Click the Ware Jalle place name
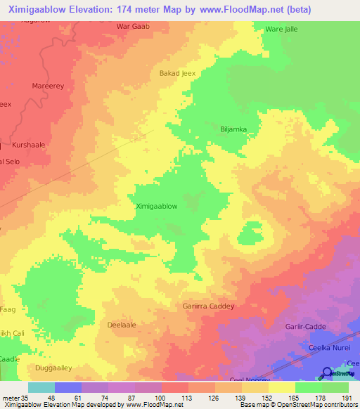tap(282, 30)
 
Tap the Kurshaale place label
tap(29, 145)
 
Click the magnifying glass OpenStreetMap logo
tap(327, 373)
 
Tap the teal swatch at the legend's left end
tap(41, 387)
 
